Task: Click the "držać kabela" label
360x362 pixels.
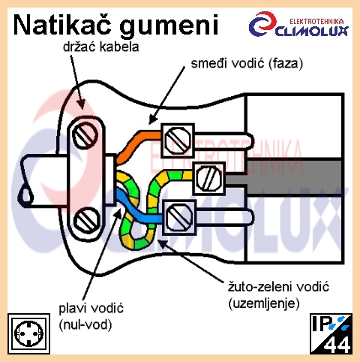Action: point(101,47)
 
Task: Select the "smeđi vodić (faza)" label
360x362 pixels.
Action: point(247,63)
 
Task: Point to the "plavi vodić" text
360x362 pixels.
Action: point(91,308)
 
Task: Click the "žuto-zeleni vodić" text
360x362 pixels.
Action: point(278,287)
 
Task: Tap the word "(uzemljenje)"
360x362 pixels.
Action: point(264,303)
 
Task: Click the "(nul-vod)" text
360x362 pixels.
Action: point(85,324)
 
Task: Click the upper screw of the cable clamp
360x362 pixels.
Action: point(85,135)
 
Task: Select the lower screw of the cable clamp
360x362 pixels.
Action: point(86,220)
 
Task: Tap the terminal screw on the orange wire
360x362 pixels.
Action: point(178,140)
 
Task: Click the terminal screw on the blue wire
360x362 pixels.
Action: point(179,217)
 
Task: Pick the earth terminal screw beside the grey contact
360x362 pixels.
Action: point(208,178)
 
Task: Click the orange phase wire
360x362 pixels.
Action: point(138,144)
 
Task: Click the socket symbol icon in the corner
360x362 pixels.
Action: point(28,333)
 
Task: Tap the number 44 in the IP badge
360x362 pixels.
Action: point(337,345)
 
